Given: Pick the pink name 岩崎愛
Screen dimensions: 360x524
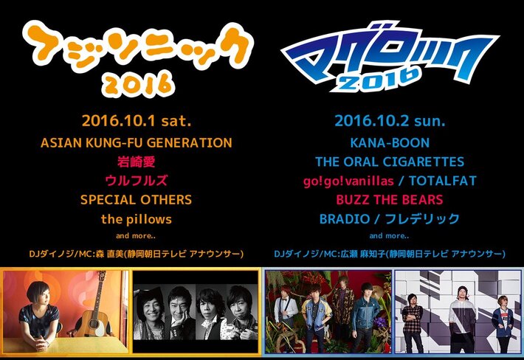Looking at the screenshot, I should (x=135, y=162).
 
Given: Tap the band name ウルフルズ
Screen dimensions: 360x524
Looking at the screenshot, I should (x=135, y=181).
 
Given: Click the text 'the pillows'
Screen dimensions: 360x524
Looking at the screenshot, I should (x=136, y=219).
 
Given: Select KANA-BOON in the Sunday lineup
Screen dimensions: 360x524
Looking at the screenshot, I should (x=390, y=142).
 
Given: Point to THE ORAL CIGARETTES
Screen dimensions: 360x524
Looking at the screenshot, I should (x=390, y=162).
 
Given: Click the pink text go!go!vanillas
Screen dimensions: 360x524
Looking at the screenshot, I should (x=345, y=181).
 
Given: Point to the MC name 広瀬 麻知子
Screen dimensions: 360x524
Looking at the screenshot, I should (x=367, y=254).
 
